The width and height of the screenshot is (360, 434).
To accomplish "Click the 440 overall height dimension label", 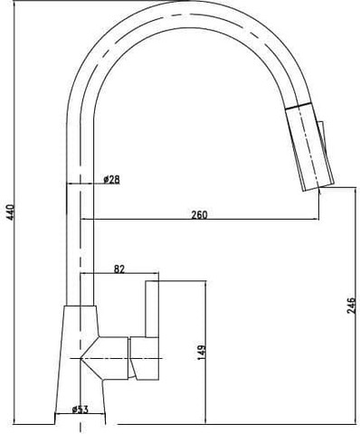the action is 10,212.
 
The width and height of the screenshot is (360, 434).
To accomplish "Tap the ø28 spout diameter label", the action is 111,180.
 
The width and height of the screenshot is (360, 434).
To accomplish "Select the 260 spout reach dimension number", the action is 199,215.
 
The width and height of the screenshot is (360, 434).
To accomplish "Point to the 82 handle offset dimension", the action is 119,269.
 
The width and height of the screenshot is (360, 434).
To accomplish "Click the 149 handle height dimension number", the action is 202,353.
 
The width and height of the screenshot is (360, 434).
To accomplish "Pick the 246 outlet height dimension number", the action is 351,306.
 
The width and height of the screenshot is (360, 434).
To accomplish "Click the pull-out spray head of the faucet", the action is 309,147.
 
